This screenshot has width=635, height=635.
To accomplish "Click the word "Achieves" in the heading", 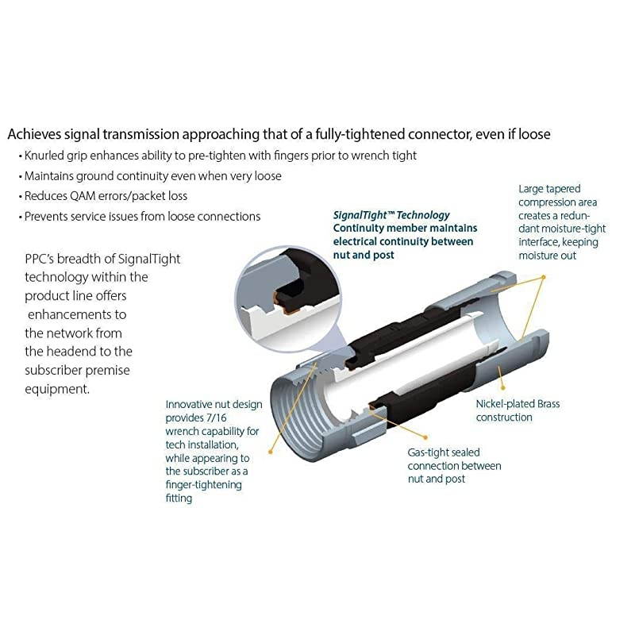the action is (34, 134).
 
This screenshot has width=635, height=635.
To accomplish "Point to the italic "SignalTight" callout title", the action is (360, 215).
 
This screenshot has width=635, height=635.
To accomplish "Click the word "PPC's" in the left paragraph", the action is (39, 259).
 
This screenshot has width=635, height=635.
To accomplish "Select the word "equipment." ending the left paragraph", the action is (57, 389).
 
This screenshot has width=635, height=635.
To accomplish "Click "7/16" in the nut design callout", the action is (216, 418).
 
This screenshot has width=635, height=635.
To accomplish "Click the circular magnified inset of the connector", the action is (287, 298).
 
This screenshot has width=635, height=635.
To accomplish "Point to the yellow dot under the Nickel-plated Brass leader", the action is (503, 387).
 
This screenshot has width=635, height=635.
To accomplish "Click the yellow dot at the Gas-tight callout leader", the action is (425, 437).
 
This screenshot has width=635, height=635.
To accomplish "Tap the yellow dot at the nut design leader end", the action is (271, 452).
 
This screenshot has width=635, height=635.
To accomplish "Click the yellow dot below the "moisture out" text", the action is (544, 277).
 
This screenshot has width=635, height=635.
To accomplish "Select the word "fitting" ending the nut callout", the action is (179, 498).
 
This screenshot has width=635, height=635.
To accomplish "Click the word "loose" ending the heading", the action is (534, 134).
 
